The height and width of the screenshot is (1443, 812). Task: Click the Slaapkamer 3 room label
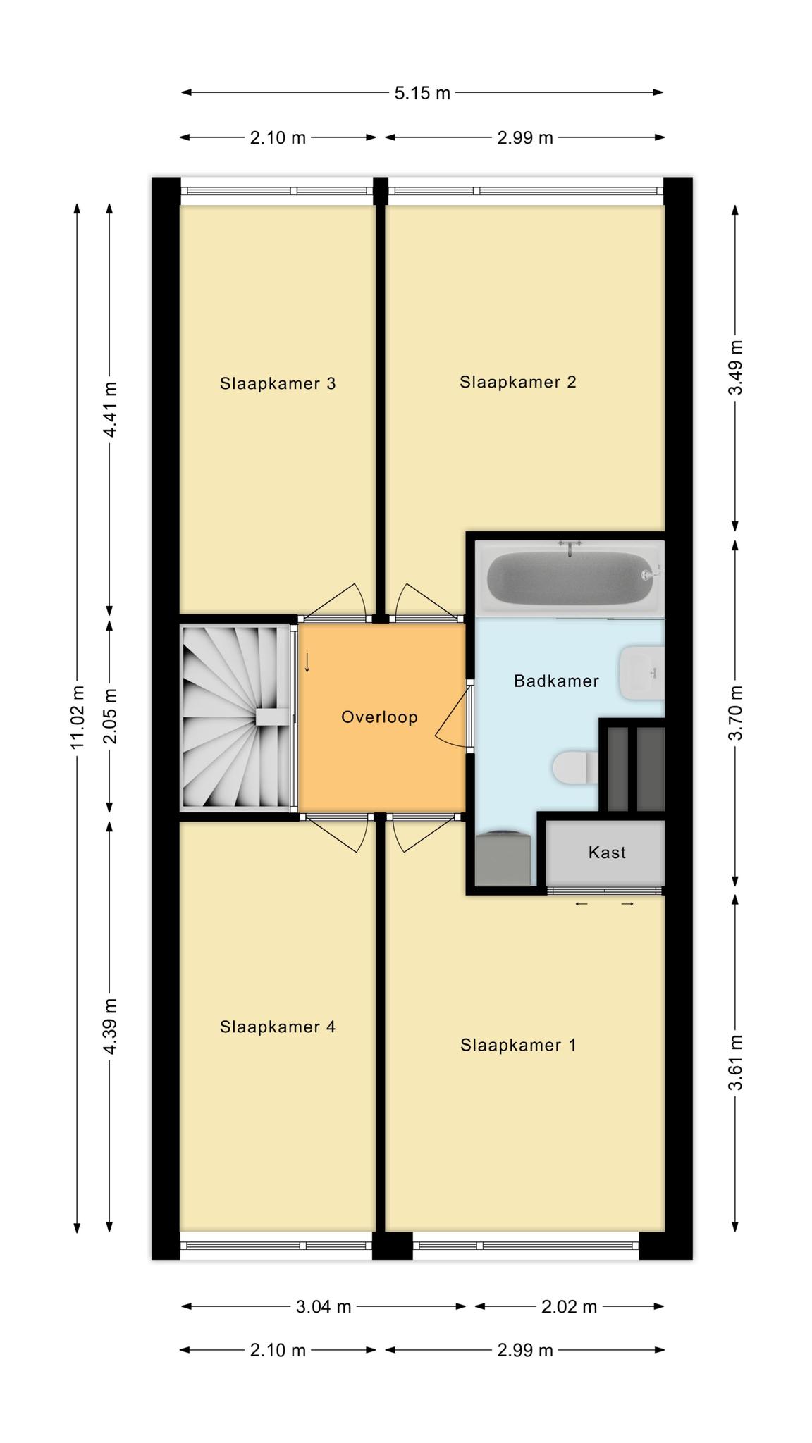click(x=278, y=384)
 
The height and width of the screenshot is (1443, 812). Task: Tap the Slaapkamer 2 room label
click(x=518, y=382)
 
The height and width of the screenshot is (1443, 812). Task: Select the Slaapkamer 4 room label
click(x=278, y=1027)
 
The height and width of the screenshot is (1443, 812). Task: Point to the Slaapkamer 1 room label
click(x=518, y=1045)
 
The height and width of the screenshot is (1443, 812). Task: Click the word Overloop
click(x=379, y=717)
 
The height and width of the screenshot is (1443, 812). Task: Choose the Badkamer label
click(x=556, y=681)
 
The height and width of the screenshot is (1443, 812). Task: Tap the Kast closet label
click(x=607, y=853)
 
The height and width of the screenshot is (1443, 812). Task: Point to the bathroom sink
click(x=641, y=673)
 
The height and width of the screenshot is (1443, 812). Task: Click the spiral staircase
click(x=237, y=717)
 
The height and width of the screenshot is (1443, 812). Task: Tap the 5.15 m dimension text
click(x=422, y=93)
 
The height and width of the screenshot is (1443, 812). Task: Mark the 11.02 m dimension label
click(x=78, y=717)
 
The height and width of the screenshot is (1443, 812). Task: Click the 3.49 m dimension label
click(x=735, y=369)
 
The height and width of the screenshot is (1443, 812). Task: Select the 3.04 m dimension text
click(x=324, y=1307)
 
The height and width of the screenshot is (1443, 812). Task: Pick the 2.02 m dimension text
click(x=569, y=1307)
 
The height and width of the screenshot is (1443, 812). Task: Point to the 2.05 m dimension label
click(x=110, y=716)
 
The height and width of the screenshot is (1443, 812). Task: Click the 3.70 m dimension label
click(x=735, y=712)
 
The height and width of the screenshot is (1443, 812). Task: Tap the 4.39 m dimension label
click(x=110, y=1026)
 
